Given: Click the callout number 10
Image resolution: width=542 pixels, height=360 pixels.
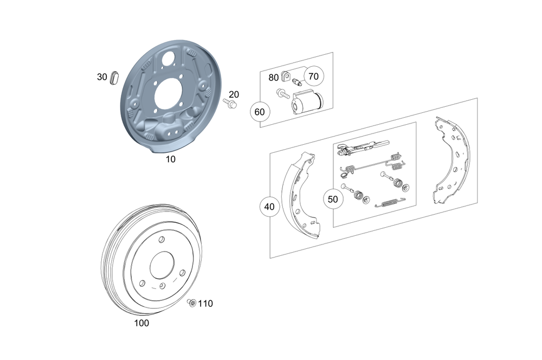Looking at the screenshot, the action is (171, 159).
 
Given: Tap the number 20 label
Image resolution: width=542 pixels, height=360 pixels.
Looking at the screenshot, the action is (234, 94).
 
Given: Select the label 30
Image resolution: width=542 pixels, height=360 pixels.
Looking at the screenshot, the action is (102, 77).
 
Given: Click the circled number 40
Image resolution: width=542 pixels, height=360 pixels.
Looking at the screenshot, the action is (269, 207).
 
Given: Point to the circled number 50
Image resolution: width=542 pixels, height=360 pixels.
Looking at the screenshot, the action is (333, 199).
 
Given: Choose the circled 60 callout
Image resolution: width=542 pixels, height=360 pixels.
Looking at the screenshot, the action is (260, 112).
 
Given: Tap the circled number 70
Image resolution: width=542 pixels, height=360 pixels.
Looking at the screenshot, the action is (313, 76).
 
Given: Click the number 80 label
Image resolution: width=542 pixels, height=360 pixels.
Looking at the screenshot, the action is (274, 78).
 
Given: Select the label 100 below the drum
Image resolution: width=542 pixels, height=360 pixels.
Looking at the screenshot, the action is (141, 323).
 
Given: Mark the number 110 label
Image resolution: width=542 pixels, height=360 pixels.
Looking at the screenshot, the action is (205, 304).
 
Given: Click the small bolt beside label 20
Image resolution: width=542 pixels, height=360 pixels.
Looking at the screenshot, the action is (230, 103).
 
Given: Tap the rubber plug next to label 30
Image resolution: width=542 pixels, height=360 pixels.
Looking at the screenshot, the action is (114, 77).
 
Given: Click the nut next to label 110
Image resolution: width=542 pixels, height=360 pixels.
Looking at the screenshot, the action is (191, 303).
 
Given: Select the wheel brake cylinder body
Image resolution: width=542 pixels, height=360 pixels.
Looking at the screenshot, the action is (307, 102).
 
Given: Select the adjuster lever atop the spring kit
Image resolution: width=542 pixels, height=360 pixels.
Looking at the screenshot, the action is (362, 145).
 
